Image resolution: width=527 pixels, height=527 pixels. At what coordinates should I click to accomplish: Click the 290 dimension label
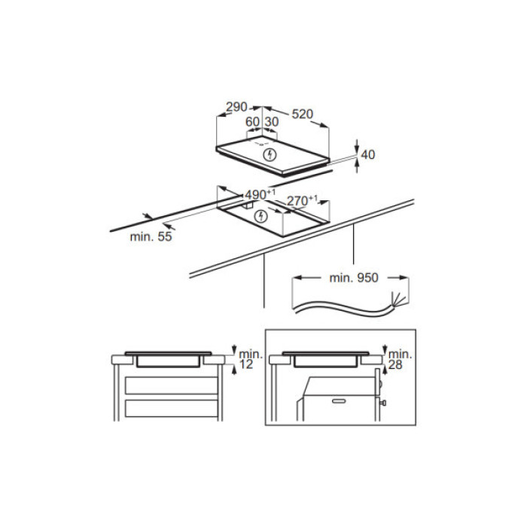coord(237,106)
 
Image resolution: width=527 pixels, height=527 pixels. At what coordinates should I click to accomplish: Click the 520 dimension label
coord(301,114)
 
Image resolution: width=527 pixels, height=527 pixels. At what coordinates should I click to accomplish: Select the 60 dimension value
coord(252,121)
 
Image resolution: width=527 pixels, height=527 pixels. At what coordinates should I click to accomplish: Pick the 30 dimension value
coord(271,121)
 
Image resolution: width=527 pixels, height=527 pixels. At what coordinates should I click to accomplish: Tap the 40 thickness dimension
coord(367,154)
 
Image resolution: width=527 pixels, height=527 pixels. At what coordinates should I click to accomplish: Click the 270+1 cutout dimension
coord(303,200)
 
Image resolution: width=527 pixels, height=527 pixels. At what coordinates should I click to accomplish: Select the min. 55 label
coord(151,237)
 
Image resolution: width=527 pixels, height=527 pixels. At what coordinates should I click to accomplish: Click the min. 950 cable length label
coord(353,278)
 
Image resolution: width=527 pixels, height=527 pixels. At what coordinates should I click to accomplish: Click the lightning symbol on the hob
coord(271,155)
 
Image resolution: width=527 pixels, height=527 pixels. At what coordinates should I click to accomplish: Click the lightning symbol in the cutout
coord(261,217)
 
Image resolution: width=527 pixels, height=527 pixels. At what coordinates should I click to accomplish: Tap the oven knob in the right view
coord(385,404)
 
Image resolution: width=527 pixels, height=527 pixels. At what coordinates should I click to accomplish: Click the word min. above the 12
coord(250,353)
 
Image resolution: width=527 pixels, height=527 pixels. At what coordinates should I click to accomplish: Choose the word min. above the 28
coord(401,353)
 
